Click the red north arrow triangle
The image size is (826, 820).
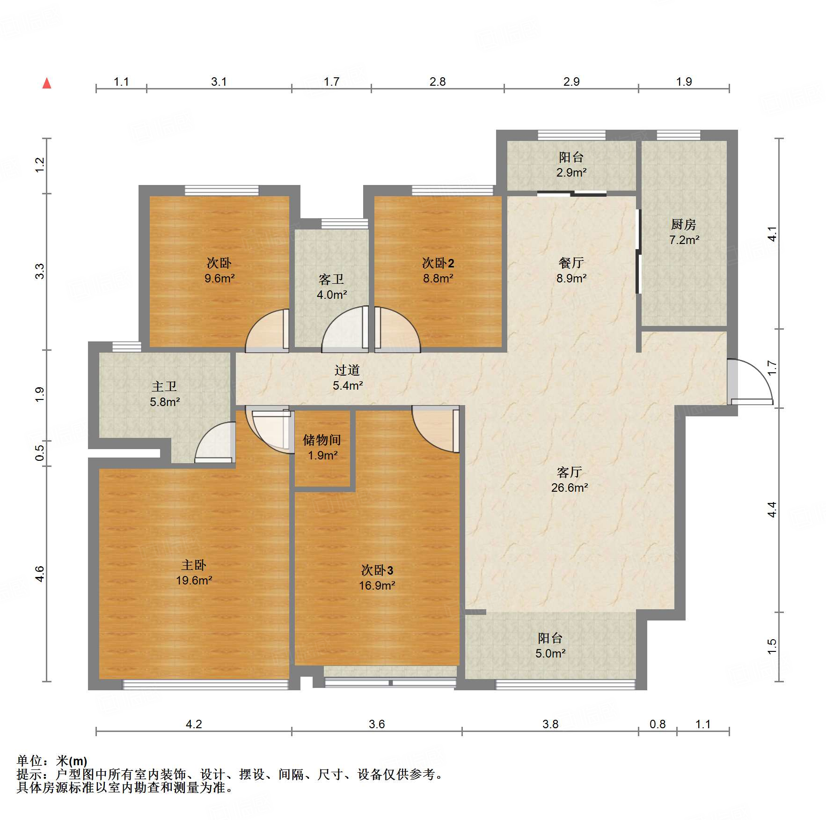pos(47,84)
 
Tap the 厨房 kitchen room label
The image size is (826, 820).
pos(683,225)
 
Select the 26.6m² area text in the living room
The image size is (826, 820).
pos(569,488)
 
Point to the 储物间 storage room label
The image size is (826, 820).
pos(322,440)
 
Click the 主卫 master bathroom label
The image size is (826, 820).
pos(164,386)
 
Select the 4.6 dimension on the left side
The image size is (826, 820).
pos(40,574)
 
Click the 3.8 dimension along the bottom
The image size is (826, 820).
pos(550,724)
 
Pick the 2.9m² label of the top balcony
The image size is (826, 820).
pos(571,172)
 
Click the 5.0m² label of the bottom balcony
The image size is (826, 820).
pos(550,653)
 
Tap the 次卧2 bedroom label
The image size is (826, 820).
pos(438,263)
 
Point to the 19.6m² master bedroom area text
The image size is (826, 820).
pos(194,581)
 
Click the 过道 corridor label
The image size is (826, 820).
pos(347,370)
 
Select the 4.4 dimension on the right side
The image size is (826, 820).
pos(772,510)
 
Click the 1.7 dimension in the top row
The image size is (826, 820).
pos(331,82)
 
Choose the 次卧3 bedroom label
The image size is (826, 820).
pos(377,570)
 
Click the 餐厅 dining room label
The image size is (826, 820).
pos(571,263)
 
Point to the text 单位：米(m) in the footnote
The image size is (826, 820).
pos(52,761)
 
